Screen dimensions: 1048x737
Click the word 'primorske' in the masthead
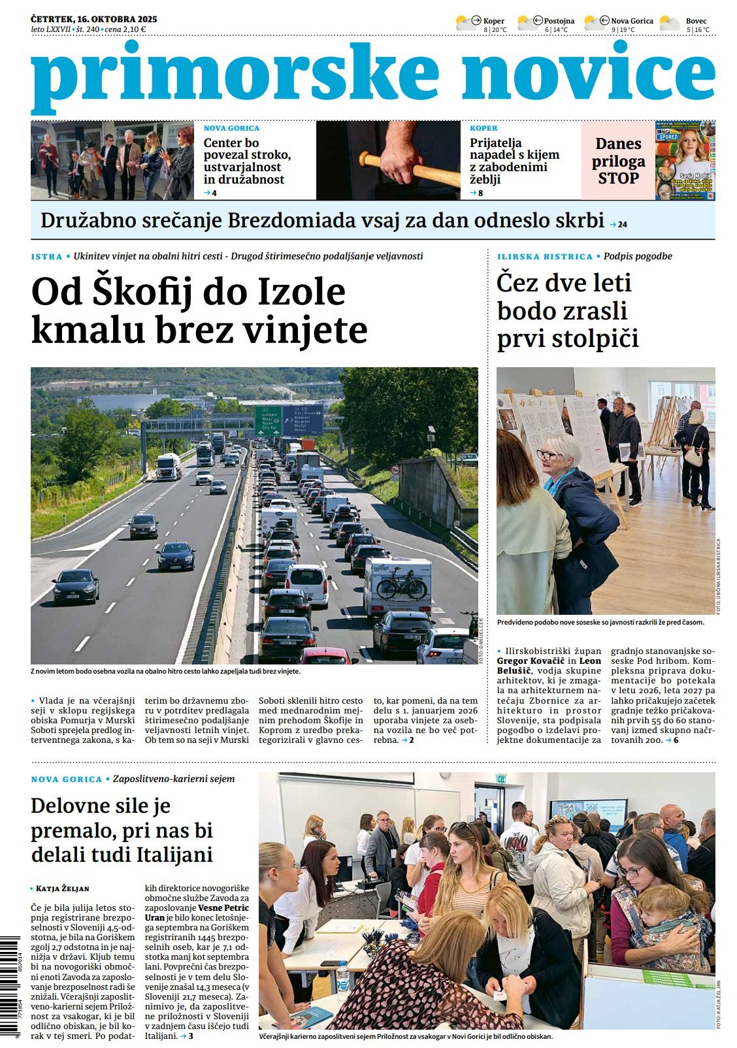pyautogui.click(x=235, y=77)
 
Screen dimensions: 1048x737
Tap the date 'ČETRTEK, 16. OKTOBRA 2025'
pyautogui.click(x=94, y=19)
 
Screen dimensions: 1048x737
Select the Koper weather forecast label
pyautogui.click(x=493, y=21)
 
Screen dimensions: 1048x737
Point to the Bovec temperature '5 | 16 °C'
pyautogui.click(x=697, y=30)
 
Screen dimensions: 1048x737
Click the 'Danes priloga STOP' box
pyautogui.click(x=618, y=161)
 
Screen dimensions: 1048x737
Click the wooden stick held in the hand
pyautogui.click(x=409, y=169)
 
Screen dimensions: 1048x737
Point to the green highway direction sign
pyautogui.click(x=267, y=420)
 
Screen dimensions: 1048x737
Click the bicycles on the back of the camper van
pyautogui.click(x=401, y=584)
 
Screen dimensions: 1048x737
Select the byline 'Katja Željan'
pyautogui.click(x=63, y=889)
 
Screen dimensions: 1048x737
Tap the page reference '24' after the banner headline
pyautogui.click(x=622, y=224)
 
